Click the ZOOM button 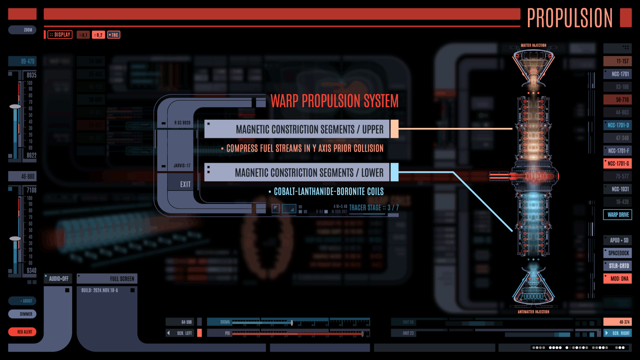[x=22, y=30]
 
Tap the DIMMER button [x=22, y=314]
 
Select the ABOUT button [x=22, y=301]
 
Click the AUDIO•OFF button [x=58, y=279]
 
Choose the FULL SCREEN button [x=107, y=279]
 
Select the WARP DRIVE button [x=618, y=215]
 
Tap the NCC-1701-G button [x=618, y=164]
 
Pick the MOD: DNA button [x=618, y=279]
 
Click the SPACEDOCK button [x=618, y=253]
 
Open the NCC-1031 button [x=618, y=189]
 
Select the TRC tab [x=114, y=35]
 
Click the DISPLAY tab [x=60, y=35]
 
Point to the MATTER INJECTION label [x=533, y=45]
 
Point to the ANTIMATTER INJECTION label [x=533, y=312]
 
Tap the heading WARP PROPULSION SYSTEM [x=334, y=101]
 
